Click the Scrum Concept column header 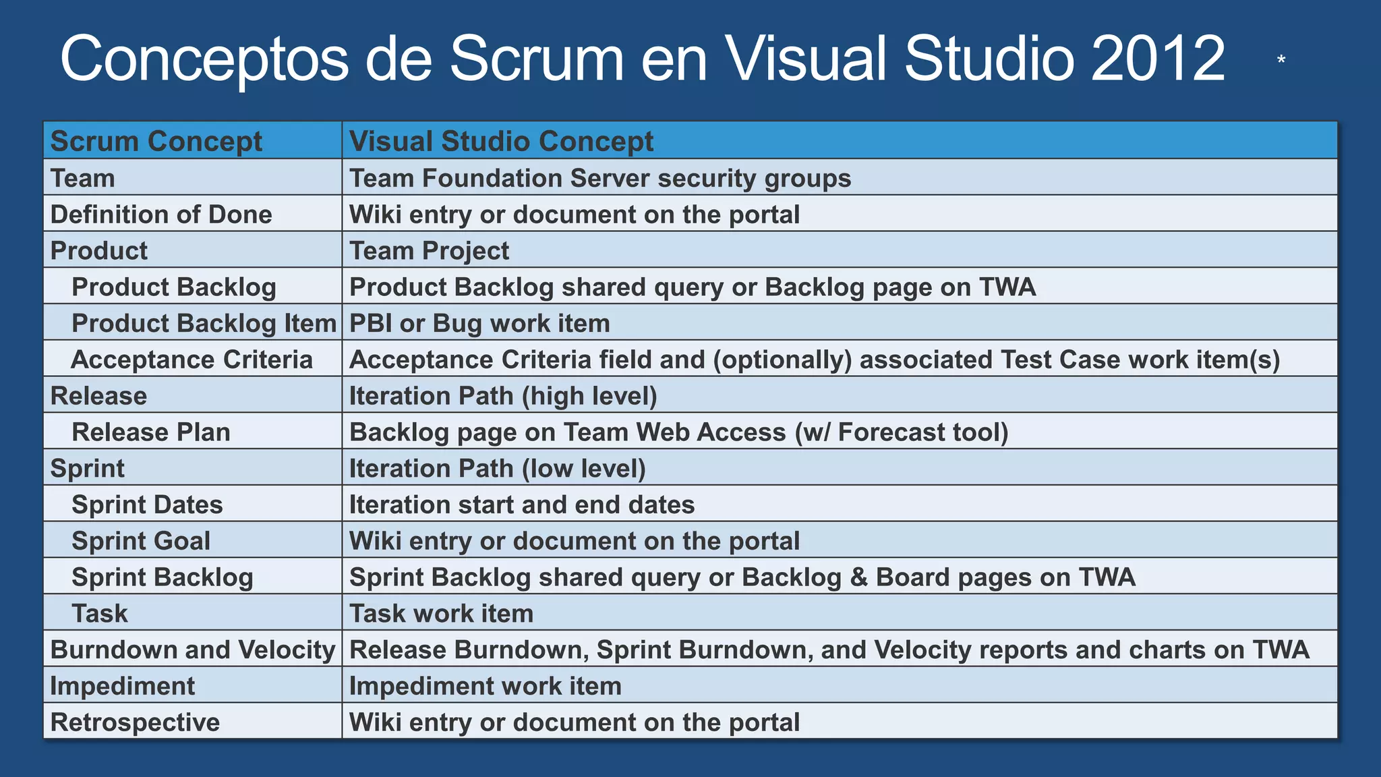156,142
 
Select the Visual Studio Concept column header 501,142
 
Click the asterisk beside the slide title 1281,61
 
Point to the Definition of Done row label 161,214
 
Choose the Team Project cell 429,251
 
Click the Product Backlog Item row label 204,324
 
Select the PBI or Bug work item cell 479,324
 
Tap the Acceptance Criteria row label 192,360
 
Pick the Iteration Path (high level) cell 503,396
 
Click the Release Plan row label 151,432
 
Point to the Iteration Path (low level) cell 497,469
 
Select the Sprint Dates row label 147,505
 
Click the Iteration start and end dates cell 522,505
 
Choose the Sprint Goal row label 141,542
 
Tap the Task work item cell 441,614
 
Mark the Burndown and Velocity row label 193,650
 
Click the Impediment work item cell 486,687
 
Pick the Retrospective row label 135,722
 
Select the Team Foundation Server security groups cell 600,179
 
